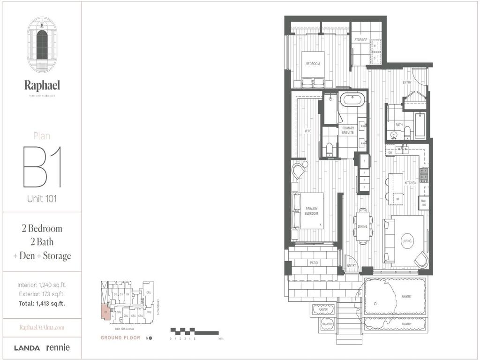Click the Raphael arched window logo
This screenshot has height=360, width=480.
click(42, 45)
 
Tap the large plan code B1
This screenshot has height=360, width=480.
click(42, 167)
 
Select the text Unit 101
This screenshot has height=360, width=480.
click(42, 199)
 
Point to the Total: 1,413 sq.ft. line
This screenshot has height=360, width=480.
click(41, 303)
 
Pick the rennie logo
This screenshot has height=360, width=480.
click(58, 348)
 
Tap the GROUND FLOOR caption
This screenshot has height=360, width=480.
click(120, 337)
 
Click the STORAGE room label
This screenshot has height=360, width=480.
click(360, 40)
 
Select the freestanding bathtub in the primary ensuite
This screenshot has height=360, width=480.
click(350, 100)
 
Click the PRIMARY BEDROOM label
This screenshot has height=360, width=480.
click(312, 211)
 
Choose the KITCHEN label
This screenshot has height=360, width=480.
click(411, 183)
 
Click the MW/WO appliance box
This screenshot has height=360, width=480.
click(423, 203)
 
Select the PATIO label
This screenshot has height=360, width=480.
click(314, 263)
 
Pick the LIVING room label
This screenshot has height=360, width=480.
click(407, 241)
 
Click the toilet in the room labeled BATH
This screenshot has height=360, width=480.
click(407, 132)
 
